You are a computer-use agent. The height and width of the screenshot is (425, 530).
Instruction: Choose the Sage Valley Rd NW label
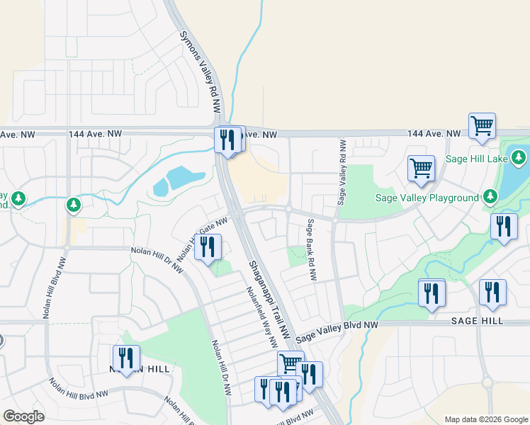(x=342, y=172)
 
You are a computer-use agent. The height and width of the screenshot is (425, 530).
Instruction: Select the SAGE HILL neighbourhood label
(x=475, y=321)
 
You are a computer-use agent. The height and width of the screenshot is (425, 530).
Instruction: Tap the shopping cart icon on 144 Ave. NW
(x=482, y=126)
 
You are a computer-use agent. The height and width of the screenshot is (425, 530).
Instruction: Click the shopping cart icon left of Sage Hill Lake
(x=421, y=169)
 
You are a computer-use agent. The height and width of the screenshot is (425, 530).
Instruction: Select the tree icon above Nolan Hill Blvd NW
(x=73, y=205)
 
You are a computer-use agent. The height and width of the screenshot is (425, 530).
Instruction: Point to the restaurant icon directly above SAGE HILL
(x=492, y=292)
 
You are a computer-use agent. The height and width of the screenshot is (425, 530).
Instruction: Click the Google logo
(x=23, y=416)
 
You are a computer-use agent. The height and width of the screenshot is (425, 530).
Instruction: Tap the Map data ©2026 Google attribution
(x=485, y=419)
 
